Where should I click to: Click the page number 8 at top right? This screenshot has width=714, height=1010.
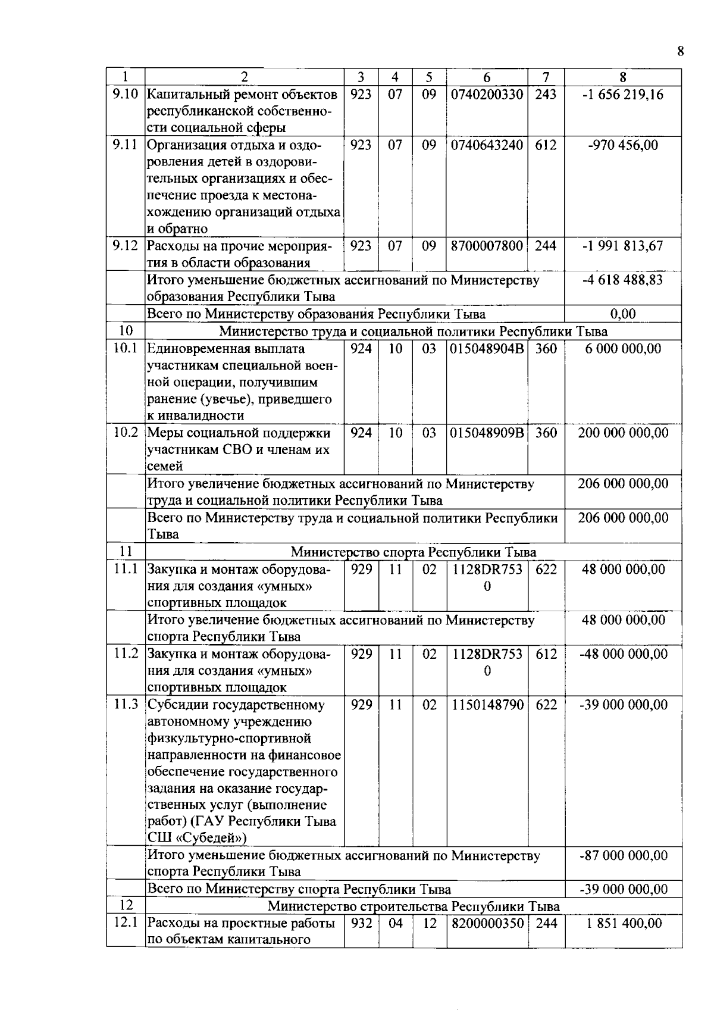(680, 51)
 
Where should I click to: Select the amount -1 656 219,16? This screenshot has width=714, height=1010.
(623, 95)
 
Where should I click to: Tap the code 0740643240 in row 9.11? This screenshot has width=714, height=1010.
(487, 145)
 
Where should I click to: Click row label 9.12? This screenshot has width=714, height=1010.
(126, 246)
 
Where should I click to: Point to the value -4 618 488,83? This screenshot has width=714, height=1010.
(623, 280)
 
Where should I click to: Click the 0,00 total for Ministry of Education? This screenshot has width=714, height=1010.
(623, 314)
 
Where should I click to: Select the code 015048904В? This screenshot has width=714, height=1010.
(487, 348)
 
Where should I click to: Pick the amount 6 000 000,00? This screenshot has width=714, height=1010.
(623, 348)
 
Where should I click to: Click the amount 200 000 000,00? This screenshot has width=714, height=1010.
(623, 433)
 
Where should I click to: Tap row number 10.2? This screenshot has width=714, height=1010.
(126, 433)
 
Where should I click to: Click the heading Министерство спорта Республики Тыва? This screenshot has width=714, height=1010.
(413, 552)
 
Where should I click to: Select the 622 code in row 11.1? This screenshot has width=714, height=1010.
(546, 569)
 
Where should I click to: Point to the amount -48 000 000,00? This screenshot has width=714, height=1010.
(623, 653)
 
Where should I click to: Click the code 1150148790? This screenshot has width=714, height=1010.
(487, 705)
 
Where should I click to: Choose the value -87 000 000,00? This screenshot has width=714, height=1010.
(623, 855)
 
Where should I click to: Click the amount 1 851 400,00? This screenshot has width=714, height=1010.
(623, 923)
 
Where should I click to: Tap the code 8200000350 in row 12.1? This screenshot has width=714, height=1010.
(487, 923)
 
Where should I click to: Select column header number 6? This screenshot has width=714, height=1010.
(487, 77)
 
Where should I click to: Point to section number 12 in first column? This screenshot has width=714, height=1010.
(126, 905)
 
